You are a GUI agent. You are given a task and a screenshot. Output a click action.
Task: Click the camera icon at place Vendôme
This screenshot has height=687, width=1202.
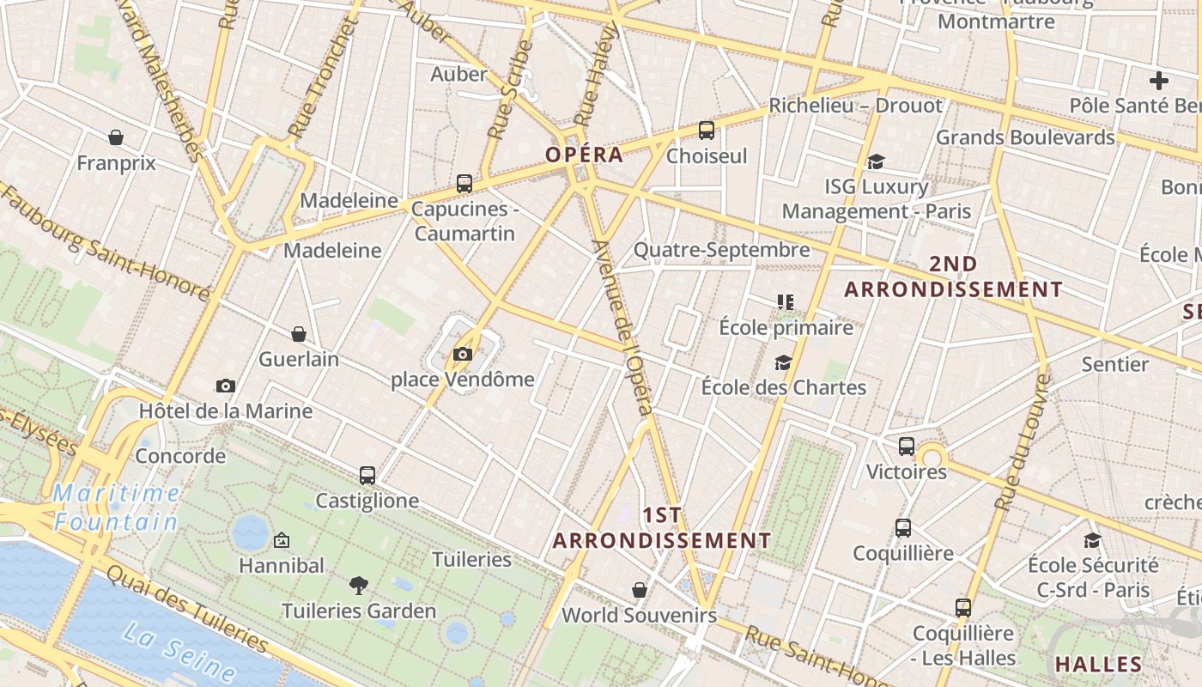click(463, 354)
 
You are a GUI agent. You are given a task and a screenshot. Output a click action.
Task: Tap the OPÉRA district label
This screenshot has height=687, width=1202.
click(584, 155)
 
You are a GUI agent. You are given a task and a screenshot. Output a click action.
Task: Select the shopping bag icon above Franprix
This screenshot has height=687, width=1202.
click(116, 137)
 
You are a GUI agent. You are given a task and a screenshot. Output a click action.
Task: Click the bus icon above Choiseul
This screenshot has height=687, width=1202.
click(707, 131)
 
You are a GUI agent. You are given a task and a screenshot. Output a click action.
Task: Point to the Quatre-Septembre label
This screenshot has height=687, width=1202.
click(721, 250)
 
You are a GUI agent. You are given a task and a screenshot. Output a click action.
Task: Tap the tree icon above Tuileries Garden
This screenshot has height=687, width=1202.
click(359, 586)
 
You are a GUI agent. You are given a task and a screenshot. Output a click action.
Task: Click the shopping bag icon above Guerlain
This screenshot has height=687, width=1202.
click(299, 334)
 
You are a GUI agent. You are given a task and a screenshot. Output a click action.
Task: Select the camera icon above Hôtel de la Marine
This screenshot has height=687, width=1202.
click(226, 386)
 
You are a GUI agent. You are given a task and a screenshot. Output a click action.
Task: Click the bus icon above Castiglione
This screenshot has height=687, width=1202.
click(367, 475)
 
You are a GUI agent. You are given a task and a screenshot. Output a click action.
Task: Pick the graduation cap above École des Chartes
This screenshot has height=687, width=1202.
click(783, 362)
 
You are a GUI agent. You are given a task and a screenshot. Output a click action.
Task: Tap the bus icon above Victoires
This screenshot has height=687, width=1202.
click(907, 447)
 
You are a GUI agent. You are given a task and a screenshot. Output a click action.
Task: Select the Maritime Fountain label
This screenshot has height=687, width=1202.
click(116, 508)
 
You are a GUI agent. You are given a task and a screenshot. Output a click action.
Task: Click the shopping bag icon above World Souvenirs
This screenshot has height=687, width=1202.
click(640, 590)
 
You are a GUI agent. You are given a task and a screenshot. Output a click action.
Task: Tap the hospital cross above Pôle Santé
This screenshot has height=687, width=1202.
click(1159, 81)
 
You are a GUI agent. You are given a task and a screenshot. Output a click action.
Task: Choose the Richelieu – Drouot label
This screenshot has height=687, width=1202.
click(855, 106)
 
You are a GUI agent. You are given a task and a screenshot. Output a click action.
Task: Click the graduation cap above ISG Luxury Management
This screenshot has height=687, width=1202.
click(876, 161)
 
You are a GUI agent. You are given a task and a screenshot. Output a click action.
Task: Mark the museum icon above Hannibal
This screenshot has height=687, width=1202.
click(281, 541)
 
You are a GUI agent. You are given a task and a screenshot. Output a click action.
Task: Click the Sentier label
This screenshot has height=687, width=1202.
click(1114, 364)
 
